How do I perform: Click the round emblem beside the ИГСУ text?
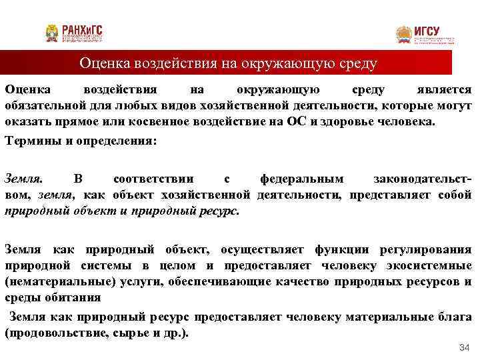404,35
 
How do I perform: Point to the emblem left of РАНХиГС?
52,33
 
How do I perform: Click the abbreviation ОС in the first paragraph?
295,123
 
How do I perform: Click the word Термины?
30,141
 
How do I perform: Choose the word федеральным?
301,178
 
